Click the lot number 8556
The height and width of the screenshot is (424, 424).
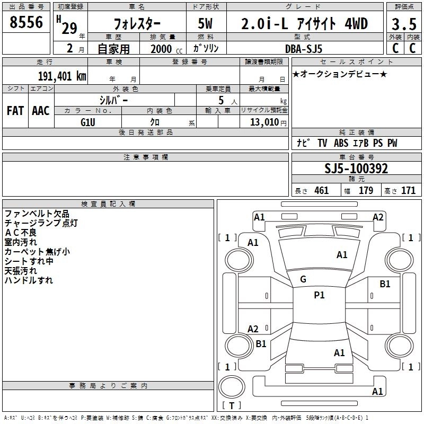click(26, 22)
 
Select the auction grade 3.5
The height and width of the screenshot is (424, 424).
click(404, 24)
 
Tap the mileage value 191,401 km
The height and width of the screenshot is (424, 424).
click(62, 76)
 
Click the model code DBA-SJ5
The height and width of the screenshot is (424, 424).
click(304, 49)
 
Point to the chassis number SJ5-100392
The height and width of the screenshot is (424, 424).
click(356, 169)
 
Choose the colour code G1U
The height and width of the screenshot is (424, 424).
click(88, 122)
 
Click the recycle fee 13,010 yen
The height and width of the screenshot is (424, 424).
click(268, 122)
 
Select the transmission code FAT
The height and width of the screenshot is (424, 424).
click(15, 111)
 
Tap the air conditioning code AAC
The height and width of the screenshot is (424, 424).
click(41, 111)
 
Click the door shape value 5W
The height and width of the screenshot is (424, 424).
click(205, 23)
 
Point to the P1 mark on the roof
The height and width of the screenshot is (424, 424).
click(319, 295)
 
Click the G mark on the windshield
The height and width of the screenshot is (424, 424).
click(303, 279)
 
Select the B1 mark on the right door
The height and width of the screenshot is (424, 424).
click(385, 284)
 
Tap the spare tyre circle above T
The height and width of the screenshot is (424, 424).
click(232, 387)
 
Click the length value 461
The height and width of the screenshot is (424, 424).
click(322, 190)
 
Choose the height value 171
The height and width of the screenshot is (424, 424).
click(408, 190)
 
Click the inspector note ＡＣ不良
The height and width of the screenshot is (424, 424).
click(21, 233)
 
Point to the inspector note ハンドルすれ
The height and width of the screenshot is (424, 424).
click(29, 280)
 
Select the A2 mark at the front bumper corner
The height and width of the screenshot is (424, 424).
click(378, 217)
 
